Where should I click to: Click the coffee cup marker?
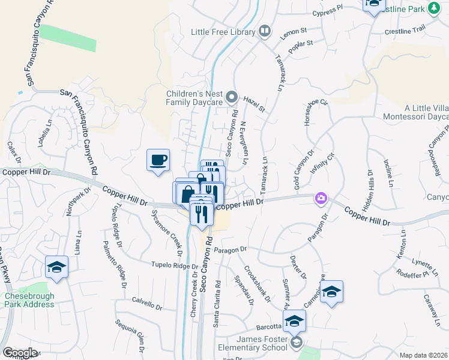tap(158, 160)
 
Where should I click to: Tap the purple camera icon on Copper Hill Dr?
tap(321, 197)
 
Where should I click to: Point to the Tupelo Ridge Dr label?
tap(174, 265)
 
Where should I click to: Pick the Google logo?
tap(20, 353)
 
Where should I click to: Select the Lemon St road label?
tap(294, 31)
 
